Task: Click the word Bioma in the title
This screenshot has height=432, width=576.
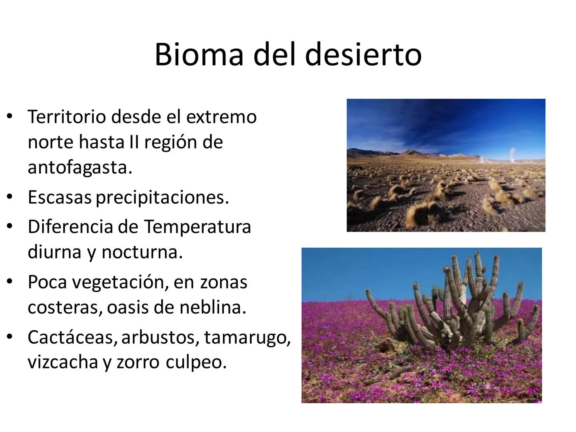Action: (199, 54)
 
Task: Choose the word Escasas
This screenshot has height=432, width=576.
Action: (60, 197)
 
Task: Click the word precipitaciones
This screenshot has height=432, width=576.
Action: (162, 198)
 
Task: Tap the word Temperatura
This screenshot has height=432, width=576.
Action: (197, 227)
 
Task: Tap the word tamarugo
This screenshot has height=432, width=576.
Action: (247, 338)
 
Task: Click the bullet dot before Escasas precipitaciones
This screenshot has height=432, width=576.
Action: (9, 197)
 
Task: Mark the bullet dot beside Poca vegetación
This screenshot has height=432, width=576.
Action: (9, 282)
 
